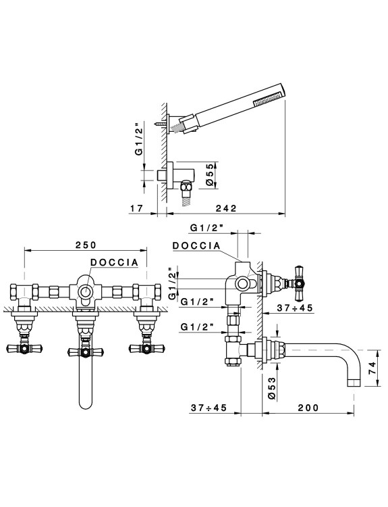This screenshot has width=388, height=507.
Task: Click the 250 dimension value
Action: (x=86, y=245)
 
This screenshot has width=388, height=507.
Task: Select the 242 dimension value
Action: (x=226, y=208)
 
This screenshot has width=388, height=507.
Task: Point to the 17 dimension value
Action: (x=136, y=208)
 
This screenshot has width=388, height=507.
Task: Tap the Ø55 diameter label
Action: (x=210, y=175)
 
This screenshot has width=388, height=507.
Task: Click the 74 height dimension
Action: (x=372, y=368)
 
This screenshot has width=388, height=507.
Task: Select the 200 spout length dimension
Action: (x=308, y=408)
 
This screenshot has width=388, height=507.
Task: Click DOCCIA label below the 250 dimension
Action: (x=114, y=262)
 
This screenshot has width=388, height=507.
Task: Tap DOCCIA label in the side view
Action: (x=196, y=246)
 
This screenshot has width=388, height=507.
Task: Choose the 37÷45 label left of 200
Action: (x=209, y=408)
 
